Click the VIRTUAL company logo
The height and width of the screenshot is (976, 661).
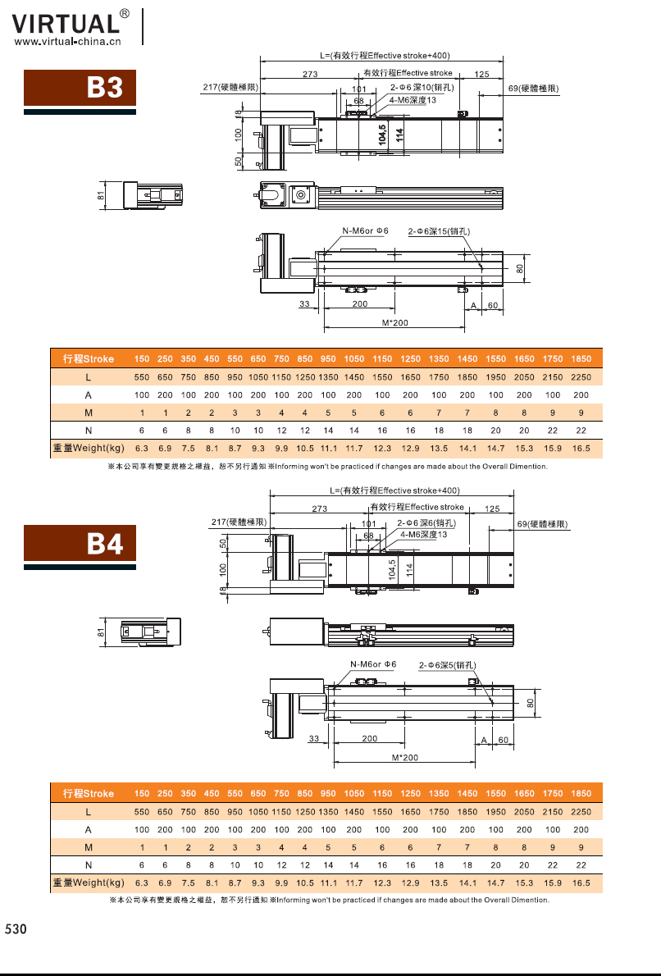(66, 22)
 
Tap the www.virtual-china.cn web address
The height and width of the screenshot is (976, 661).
(68, 40)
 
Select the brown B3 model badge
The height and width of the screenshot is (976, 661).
(79, 88)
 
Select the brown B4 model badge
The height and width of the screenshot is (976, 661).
(79, 545)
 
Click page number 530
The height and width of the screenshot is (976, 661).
(16, 929)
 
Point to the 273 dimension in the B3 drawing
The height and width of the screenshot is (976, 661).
(309, 75)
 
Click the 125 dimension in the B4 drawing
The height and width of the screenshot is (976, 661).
(492, 509)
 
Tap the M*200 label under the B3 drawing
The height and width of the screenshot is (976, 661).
(395, 323)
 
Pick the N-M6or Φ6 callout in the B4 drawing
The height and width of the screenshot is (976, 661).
(373, 664)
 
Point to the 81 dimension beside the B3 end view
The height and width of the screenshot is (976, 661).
(101, 195)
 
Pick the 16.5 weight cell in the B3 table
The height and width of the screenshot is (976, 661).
(581, 449)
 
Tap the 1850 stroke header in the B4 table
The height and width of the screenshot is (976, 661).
(581, 794)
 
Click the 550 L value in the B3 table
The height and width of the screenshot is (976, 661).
(142, 377)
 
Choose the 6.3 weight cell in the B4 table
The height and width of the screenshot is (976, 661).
(142, 883)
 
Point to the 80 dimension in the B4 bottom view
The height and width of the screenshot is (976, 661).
(531, 703)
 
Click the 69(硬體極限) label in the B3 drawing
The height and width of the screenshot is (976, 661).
(534, 88)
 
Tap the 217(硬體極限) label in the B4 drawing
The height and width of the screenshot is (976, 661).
(239, 522)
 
